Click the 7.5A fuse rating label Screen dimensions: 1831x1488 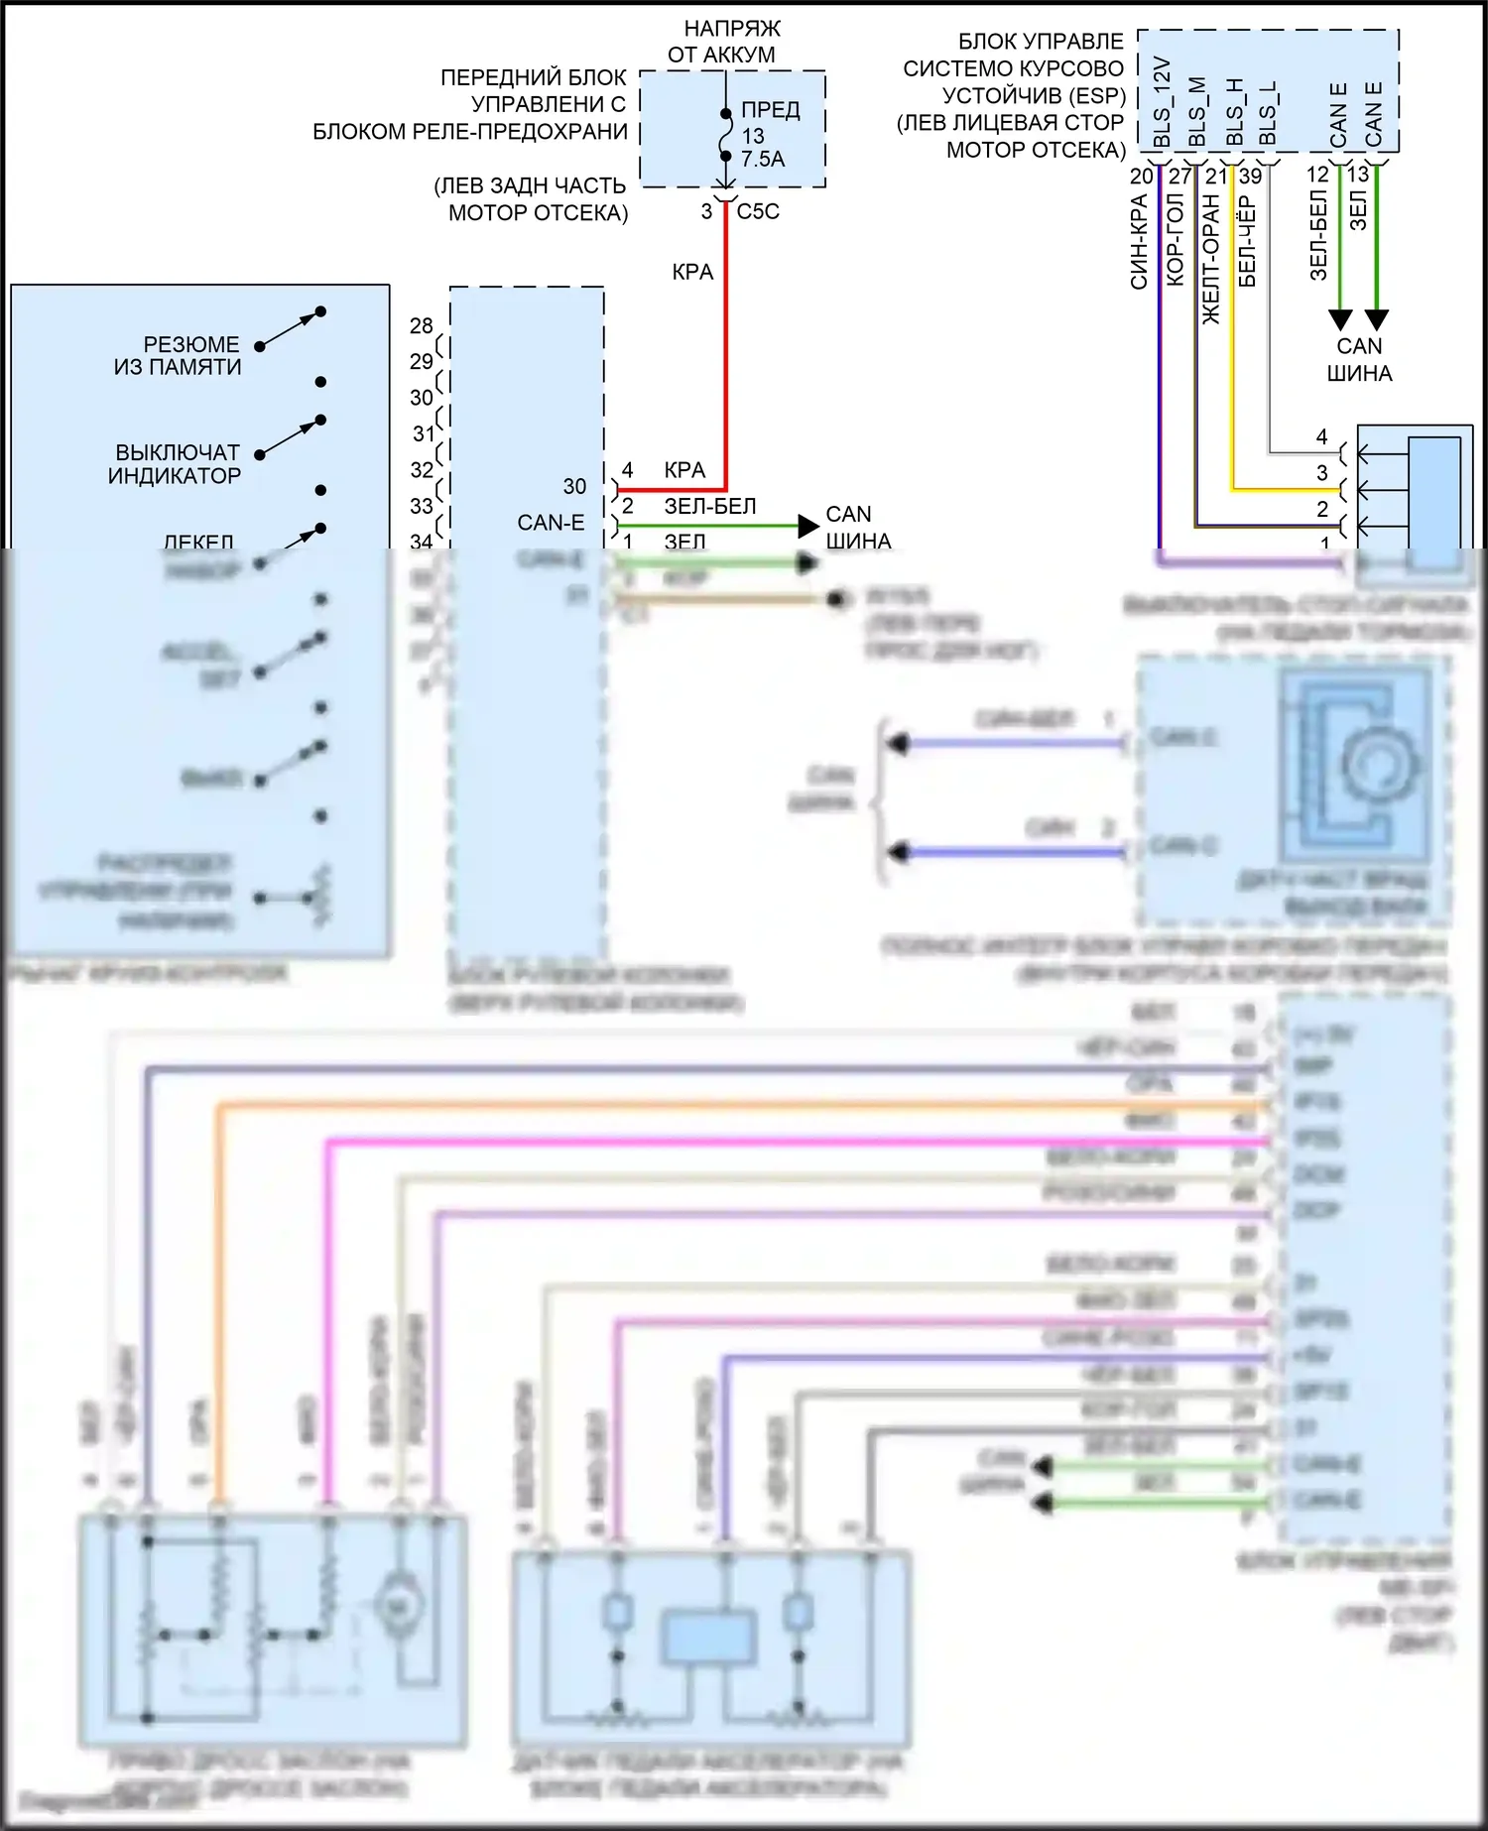pyautogui.click(x=762, y=159)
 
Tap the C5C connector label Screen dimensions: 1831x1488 pyautogui.click(x=758, y=211)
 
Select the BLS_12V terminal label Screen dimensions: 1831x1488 pyautogui.click(x=1163, y=102)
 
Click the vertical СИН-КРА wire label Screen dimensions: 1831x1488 pyautogui.click(x=1139, y=242)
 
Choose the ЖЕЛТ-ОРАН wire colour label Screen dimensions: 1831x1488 pyautogui.click(x=1211, y=259)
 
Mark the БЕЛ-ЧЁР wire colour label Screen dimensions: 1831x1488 pyautogui.click(x=1247, y=241)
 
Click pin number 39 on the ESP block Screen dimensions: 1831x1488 pyautogui.click(x=1251, y=177)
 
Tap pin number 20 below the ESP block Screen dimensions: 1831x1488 pyautogui.click(x=1141, y=177)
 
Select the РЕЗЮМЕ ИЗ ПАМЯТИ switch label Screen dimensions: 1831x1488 pyautogui.click(x=179, y=356)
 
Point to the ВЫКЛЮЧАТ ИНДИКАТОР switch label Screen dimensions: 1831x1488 pyautogui.click(x=176, y=464)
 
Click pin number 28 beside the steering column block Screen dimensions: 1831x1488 pyautogui.click(x=422, y=325)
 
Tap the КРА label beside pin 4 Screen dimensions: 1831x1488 pyautogui.click(x=684, y=470)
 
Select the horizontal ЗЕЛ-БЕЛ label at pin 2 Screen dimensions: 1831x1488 pyautogui.click(x=710, y=506)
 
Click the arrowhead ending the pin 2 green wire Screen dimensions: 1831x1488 pyautogui.click(x=808, y=526)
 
